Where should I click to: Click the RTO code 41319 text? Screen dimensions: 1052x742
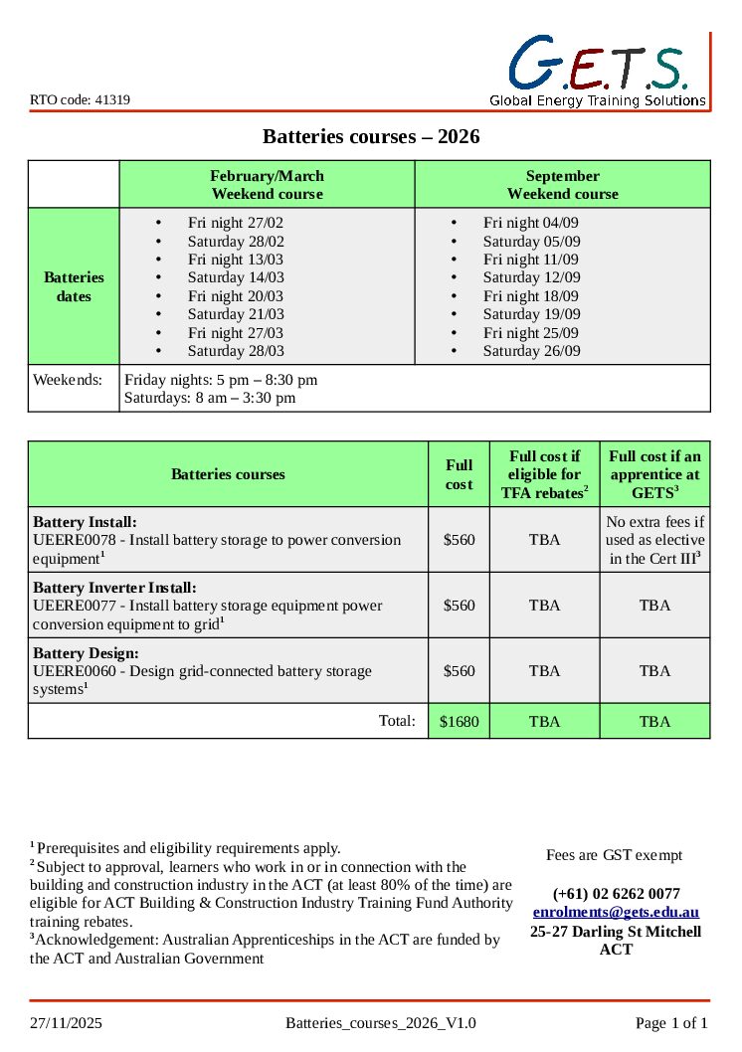click(x=80, y=100)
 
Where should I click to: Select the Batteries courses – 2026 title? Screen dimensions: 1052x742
click(x=371, y=136)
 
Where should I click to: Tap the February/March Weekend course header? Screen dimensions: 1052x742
click(x=267, y=185)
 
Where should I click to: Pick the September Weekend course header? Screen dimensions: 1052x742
click(x=562, y=185)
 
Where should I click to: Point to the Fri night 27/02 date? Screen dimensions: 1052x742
click(x=235, y=223)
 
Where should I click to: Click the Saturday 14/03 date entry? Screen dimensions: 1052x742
click(x=236, y=277)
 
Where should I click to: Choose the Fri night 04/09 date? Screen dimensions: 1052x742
click(x=530, y=223)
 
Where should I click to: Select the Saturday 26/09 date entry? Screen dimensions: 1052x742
click(x=531, y=351)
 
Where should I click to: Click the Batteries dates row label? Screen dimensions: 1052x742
click(x=74, y=286)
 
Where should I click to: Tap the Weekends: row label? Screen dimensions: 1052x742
click(x=67, y=380)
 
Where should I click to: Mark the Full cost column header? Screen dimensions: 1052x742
click(x=459, y=474)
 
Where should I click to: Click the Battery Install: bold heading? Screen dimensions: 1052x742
click(x=86, y=522)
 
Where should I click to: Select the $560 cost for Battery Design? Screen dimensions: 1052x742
click(x=459, y=671)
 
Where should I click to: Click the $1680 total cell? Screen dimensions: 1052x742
click(x=459, y=722)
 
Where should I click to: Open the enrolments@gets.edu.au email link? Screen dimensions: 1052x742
click(x=616, y=912)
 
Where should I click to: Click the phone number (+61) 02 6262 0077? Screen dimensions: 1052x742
click(x=616, y=894)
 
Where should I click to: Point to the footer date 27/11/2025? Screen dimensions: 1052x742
click(x=66, y=1023)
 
